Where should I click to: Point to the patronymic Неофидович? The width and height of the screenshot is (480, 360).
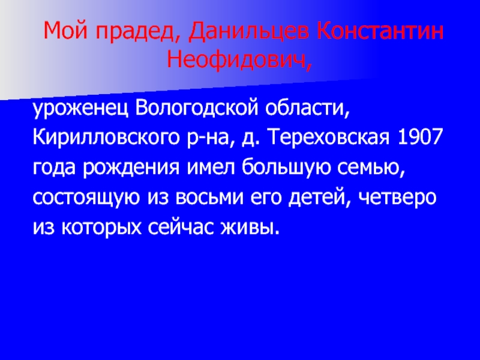click(x=239, y=59)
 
